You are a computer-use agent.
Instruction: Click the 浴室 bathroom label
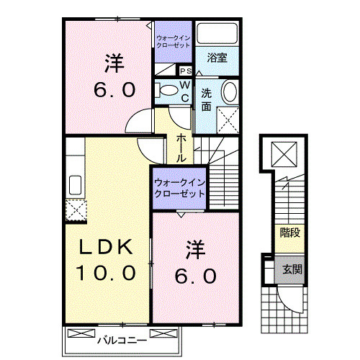218,58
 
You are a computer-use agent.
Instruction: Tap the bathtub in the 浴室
218,34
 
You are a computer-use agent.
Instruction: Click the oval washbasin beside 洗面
229,93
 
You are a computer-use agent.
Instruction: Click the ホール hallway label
181,146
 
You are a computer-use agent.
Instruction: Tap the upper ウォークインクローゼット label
173,40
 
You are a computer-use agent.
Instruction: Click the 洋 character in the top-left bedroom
112,63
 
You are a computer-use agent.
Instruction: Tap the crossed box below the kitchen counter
74,210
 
